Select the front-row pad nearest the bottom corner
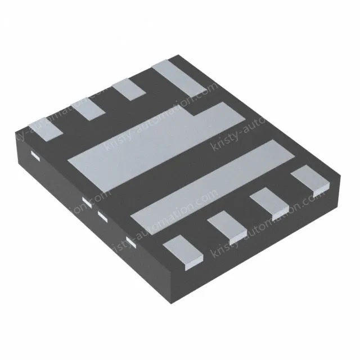coord(183,249)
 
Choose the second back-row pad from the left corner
coord(89,109)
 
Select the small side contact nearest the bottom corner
coord(130,242)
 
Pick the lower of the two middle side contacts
coord(101,214)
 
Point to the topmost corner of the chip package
coord(179,55)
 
